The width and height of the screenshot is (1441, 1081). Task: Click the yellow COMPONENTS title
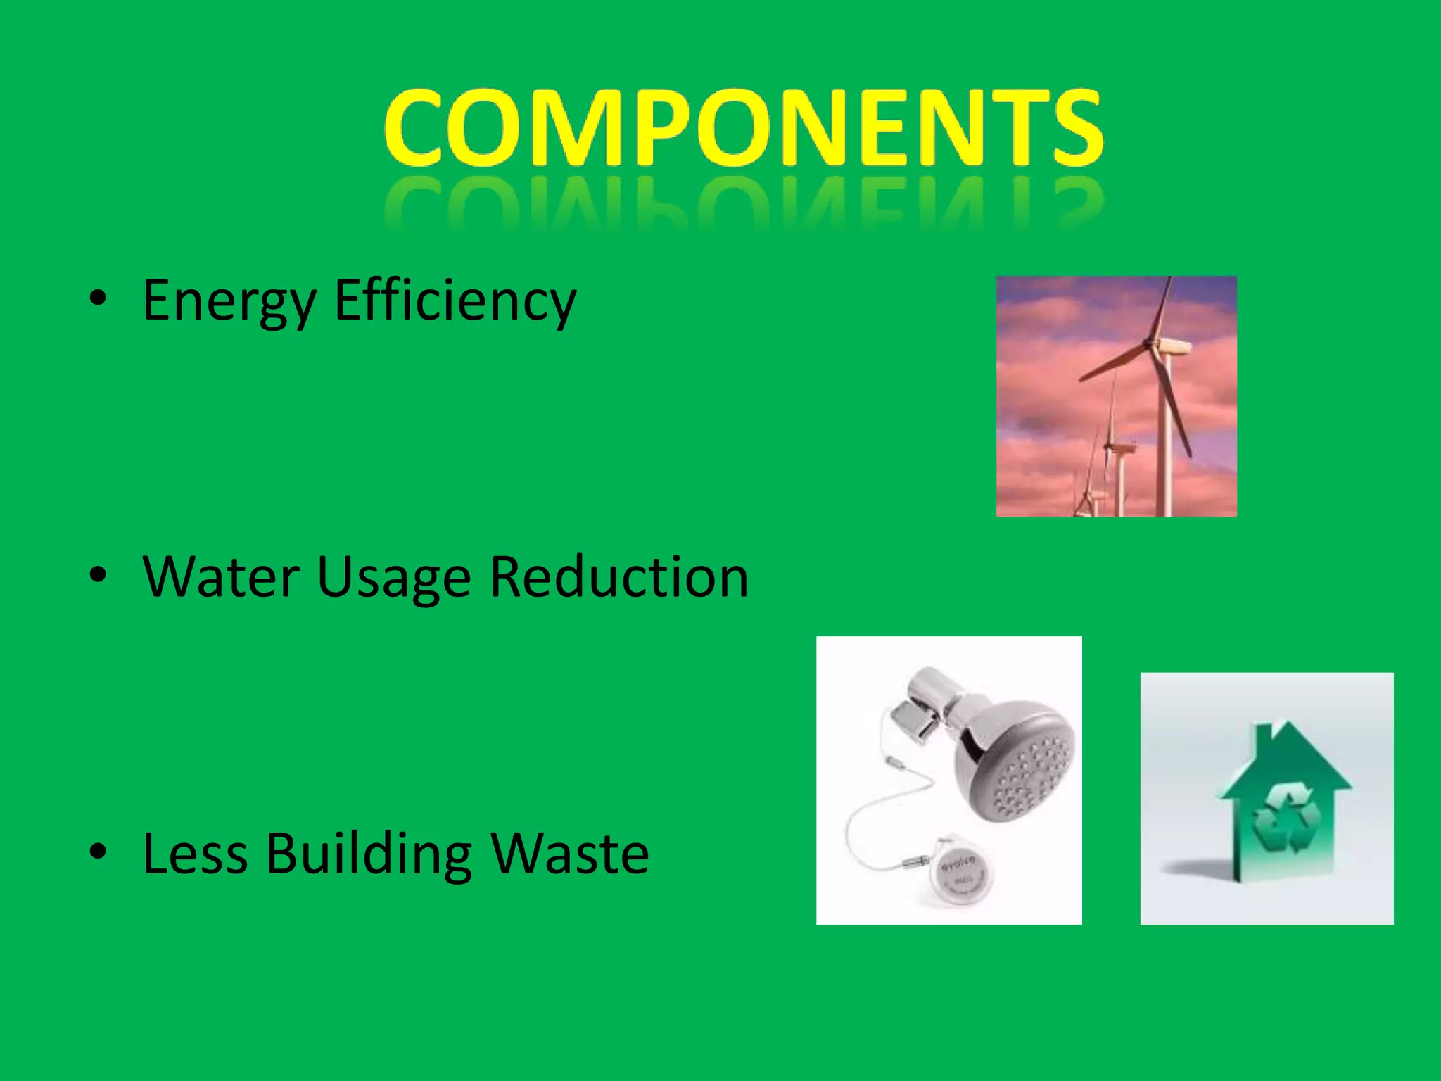[743, 128]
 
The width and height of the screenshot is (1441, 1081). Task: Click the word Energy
[229, 301]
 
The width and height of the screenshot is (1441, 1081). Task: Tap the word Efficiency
[455, 301]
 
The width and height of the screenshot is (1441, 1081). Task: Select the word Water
[221, 577]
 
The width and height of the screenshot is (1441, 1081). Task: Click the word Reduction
[619, 577]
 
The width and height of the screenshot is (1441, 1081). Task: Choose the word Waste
[570, 854]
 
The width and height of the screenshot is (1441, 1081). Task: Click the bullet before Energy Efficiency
[98, 298]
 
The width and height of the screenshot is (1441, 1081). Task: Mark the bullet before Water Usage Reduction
[98, 575]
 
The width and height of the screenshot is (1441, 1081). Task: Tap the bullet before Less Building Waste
[98, 852]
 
